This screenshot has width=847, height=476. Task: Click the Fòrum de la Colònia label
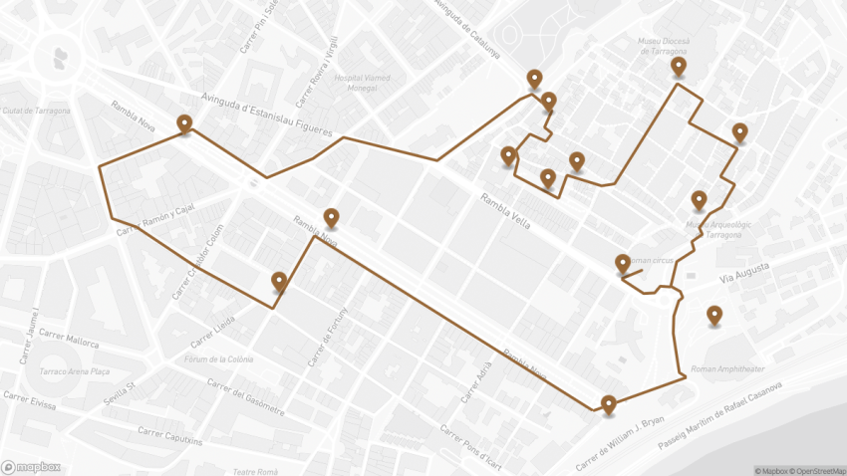[219, 358]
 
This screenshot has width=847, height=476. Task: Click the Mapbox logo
[31, 466]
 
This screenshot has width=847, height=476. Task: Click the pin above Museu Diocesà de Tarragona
[679, 67]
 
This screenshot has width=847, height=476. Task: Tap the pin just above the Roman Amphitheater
[714, 316]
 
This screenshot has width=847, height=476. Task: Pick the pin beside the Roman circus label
[623, 263]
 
